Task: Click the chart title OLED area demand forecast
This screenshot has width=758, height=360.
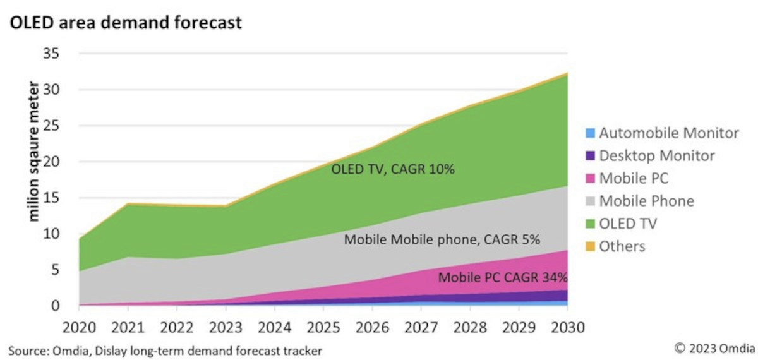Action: point(125,23)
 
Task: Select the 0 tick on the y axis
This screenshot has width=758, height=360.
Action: point(55,306)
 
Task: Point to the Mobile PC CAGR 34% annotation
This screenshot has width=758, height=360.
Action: point(503,277)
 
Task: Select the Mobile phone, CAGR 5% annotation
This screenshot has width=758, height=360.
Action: point(442,241)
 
